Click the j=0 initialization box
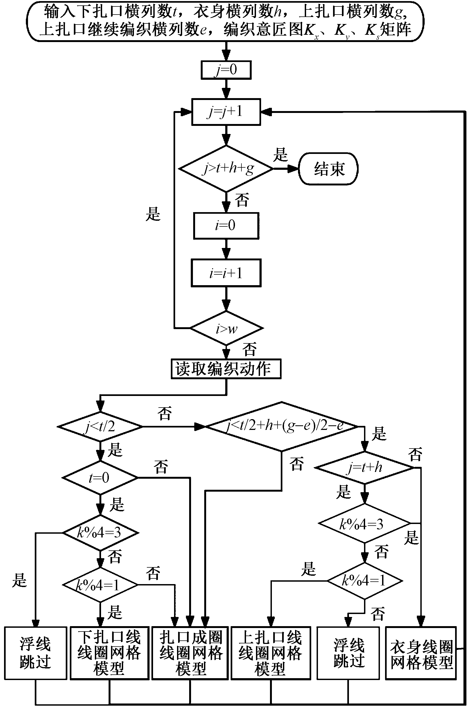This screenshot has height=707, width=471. coord(226,70)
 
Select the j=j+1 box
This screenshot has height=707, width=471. coord(226,112)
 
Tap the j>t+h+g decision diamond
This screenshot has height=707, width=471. coord(226,168)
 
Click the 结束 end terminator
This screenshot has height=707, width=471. coord(328,168)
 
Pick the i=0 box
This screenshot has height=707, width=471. coord(226,226)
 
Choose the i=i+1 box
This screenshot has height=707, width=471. coord(226,273)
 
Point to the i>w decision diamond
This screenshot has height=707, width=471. coord(227,328)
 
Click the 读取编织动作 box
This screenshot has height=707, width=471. coord(226,369)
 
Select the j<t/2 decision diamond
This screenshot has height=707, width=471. coord(100,426)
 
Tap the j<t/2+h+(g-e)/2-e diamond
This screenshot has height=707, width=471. coord(282,426)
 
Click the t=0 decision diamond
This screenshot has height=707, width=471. coord(100,477)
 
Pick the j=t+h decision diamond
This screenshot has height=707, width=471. coord(365,468)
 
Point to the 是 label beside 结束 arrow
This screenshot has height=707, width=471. coord(280,155)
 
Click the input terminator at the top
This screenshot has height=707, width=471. coord(225,21)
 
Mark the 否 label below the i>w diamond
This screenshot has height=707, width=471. coord(249,349)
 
